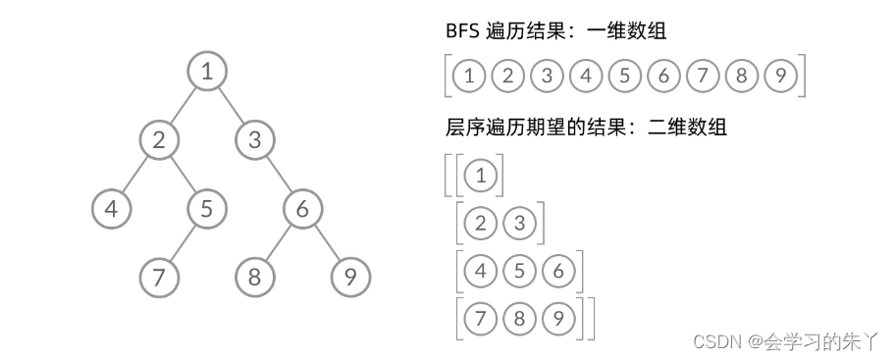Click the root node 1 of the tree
[x=207, y=71]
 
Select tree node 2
[x=159, y=139]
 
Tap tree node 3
[x=254, y=139]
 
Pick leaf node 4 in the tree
[x=112, y=208]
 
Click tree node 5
[x=207, y=208]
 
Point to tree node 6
[x=302, y=208]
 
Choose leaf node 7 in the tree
[x=159, y=277]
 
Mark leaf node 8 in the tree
[x=254, y=277]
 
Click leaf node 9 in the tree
[x=349, y=277]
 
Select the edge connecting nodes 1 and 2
[x=184, y=105]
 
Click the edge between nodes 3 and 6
[x=279, y=174]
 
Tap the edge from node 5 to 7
[x=184, y=242]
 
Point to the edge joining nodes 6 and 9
[x=326, y=242]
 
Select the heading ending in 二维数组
[x=585, y=128]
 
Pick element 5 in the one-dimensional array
[x=623, y=76]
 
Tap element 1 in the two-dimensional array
[x=480, y=177]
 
